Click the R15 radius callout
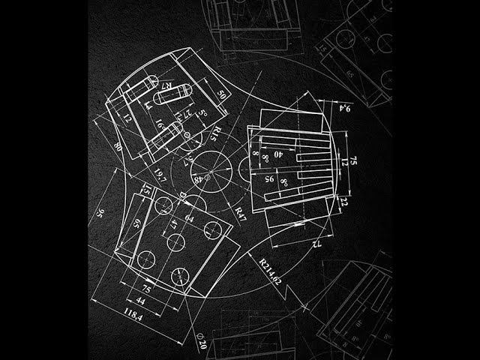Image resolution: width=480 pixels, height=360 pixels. pos(215,133)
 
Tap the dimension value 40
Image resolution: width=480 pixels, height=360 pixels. pos(279,154)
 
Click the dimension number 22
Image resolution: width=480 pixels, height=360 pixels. pos(343,201)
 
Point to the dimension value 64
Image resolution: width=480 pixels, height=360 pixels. pos(189,218)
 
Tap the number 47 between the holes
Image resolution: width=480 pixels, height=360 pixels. pos(173,223)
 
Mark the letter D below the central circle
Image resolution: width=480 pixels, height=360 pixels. pos(182,194)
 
